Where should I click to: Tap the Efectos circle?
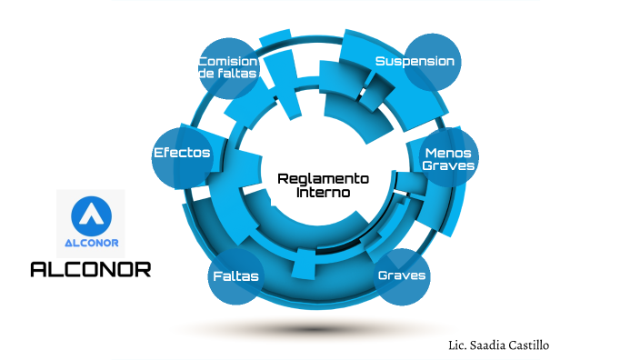click(x=183, y=153)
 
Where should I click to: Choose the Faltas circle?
click(x=236, y=275)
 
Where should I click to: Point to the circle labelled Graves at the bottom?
click(x=402, y=275)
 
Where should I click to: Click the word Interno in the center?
click(x=323, y=193)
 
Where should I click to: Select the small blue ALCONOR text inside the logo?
click(x=91, y=243)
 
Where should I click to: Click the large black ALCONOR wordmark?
click(x=91, y=269)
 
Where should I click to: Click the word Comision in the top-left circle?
click(x=227, y=61)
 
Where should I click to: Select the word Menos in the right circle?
click(x=448, y=153)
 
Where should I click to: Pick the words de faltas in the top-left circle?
click(x=227, y=74)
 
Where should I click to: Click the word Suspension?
click(x=415, y=61)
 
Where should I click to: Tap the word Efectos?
click(x=182, y=152)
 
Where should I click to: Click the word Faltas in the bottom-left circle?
click(x=235, y=275)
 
